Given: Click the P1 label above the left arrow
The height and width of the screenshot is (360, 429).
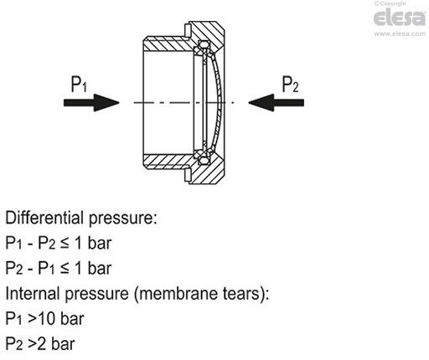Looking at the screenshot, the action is pyautogui.click(x=79, y=84).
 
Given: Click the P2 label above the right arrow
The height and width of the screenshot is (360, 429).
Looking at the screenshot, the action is pyautogui.click(x=290, y=84).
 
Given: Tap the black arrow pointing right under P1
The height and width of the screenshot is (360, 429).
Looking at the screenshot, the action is pyautogui.click(x=91, y=102).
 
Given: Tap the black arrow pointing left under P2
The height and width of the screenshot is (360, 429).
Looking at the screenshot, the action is pyautogui.click(x=276, y=102).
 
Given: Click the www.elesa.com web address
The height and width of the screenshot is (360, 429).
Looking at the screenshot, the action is pyautogui.click(x=400, y=33).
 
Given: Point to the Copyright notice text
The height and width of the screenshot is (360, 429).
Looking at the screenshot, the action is pyautogui.click(x=390, y=3).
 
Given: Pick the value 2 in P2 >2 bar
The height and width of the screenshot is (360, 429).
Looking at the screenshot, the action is pyautogui.click(x=41, y=344).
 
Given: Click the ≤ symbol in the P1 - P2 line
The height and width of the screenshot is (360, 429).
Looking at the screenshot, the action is pyautogui.click(x=65, y=244).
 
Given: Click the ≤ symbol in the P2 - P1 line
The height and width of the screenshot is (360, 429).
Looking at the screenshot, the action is pyautogui.click(x=65, y=269).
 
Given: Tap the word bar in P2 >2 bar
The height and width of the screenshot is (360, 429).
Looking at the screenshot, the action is pyautogui.click(x=63, y=344).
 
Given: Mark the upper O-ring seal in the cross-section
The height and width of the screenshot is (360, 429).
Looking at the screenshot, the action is pyautogui.click(x=204, y=45).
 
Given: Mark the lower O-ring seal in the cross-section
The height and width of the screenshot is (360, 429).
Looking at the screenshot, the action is pyautogui.click(x=204, y=161).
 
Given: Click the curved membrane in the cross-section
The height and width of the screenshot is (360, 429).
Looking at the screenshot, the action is pyautogui.click(x=218, y=102).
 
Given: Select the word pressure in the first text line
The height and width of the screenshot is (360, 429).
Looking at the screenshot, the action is pyautogui.click(x=121, y=219).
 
